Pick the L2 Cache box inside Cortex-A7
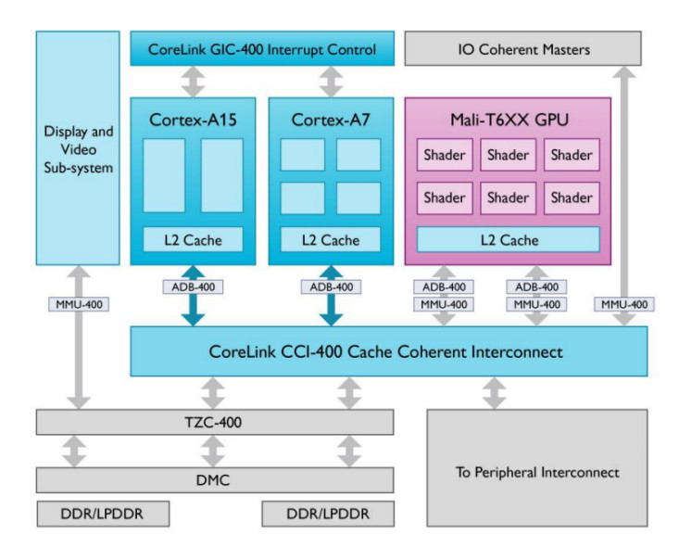pos(331,239)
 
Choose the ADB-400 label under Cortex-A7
pos(331,287)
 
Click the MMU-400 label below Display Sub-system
pos(78,303)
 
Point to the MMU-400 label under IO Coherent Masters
pos(623,303)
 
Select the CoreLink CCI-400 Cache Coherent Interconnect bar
pos(388,352)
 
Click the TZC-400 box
pos(214,422)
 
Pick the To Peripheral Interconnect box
pos(537,472)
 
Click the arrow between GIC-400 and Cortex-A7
pos(331,82)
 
